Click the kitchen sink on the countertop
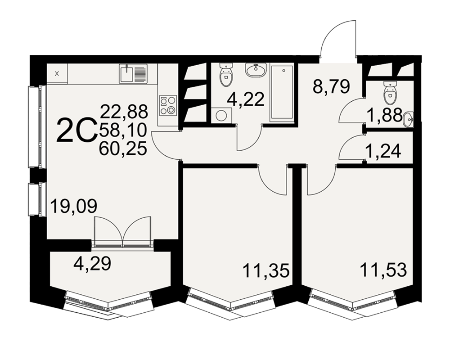(133, 74)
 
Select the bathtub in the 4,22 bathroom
(282, 94)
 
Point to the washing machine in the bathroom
(221, 116)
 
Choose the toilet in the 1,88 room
(390, 92)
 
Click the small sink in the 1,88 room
(408, 119)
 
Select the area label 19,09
(74, 206)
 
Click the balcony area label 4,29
(92, 263)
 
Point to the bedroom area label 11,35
(266, 271)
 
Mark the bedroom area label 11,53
(383, 270)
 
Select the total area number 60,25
(123, 148)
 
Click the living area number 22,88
(124, 112)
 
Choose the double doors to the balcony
(122, 231)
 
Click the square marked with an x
(57, 73)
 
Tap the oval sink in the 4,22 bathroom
(256, 70)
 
